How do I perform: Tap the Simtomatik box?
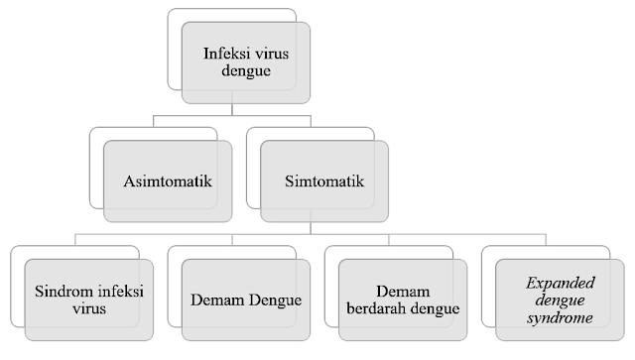[318, 181]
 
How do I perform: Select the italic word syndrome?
[557, 318]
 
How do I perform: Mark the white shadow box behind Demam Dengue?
[175, 254]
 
